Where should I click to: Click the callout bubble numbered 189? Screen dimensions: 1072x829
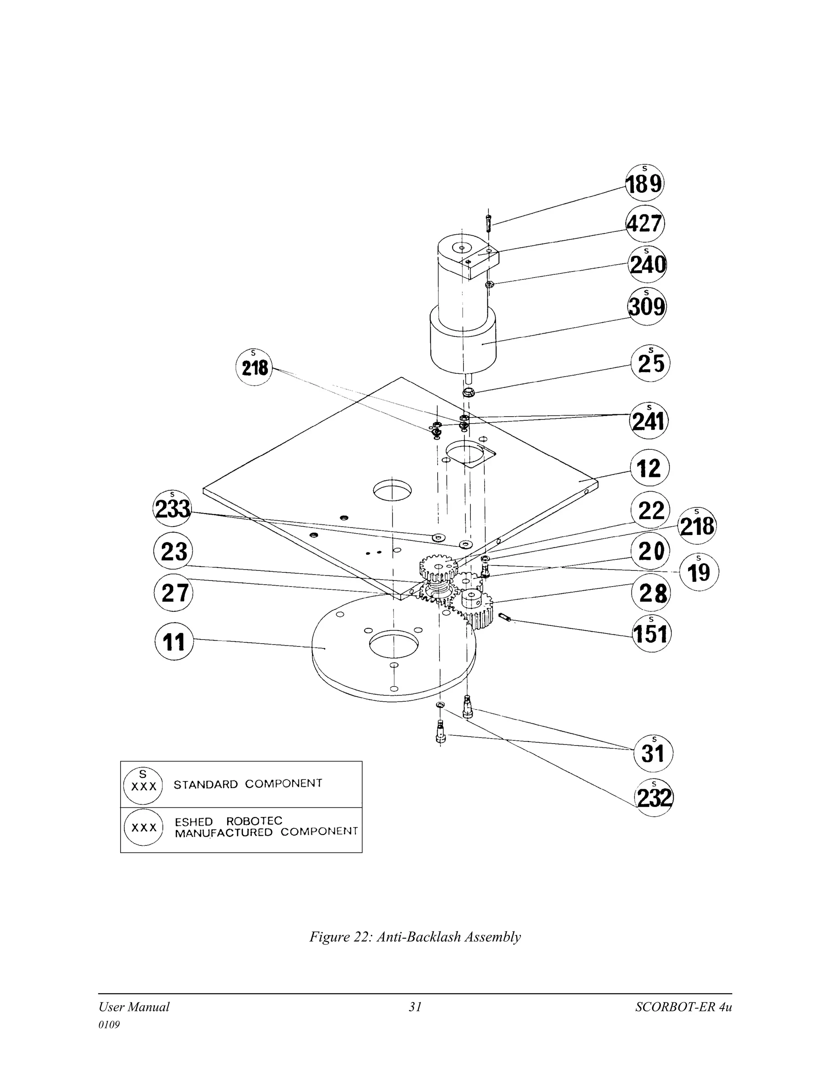tap(644, 183)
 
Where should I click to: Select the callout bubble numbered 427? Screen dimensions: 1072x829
tap(645, 224)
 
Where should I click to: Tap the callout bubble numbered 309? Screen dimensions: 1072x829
tap(647, 307)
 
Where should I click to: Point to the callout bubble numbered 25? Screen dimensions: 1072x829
tap(650, 364)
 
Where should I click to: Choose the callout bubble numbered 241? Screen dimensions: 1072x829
tap(649, 421)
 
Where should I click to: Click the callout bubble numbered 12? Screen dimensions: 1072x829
tap(649, 468)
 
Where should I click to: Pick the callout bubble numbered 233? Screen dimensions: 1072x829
tap(172, 508)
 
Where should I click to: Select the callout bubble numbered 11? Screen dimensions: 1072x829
tap(174, 641)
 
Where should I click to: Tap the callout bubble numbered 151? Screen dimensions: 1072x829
tap(651, 633)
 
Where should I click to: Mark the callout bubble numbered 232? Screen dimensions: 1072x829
tap(654, 798)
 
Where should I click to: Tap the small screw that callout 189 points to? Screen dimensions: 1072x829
tap(489, 225)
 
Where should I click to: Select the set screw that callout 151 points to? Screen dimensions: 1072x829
tap(505, 617)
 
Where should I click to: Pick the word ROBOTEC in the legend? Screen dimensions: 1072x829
tap(254, 821)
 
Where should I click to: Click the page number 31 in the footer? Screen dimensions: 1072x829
tap(415, 1007)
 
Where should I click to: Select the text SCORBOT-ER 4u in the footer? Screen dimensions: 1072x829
tap(683, 1007)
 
